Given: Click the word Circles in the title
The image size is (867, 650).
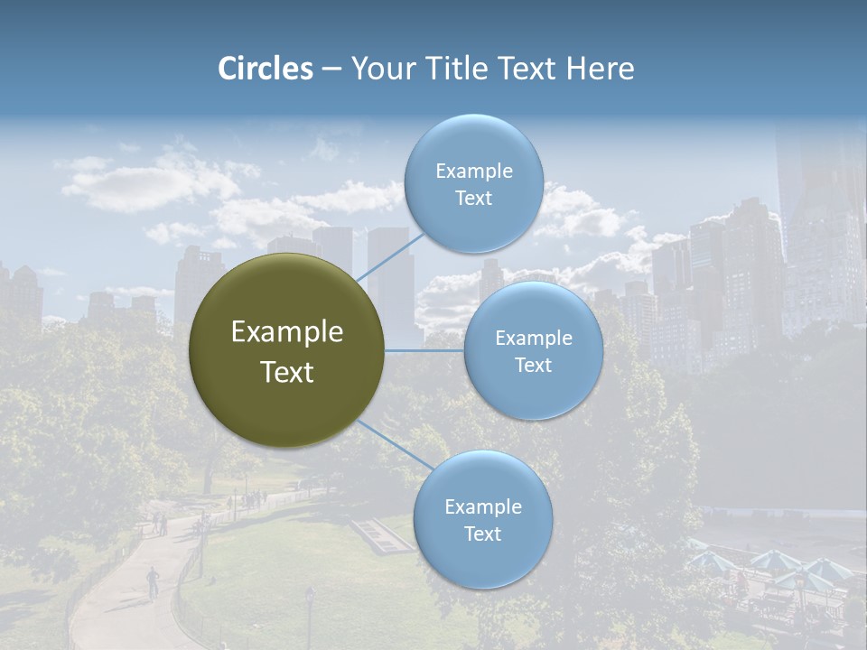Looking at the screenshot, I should [x=266, y=69].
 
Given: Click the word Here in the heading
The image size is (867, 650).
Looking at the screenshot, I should [x=600, y=69].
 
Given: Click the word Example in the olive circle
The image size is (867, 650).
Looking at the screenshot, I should [x=286, y=332].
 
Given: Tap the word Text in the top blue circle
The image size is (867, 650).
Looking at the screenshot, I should [x=473, y=199].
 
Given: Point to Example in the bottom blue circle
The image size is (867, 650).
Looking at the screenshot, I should [x=482, y=506].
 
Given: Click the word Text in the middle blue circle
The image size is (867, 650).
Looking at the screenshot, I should [x=533, y=366].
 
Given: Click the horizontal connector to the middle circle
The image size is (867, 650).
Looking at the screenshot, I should [x=424, y=350].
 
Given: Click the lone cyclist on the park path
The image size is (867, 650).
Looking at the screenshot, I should [x=153, y=580].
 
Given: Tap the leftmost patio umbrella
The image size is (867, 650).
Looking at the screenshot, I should [x=711, y=561].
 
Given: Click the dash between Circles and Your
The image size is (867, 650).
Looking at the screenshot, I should [x=331, y=70].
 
